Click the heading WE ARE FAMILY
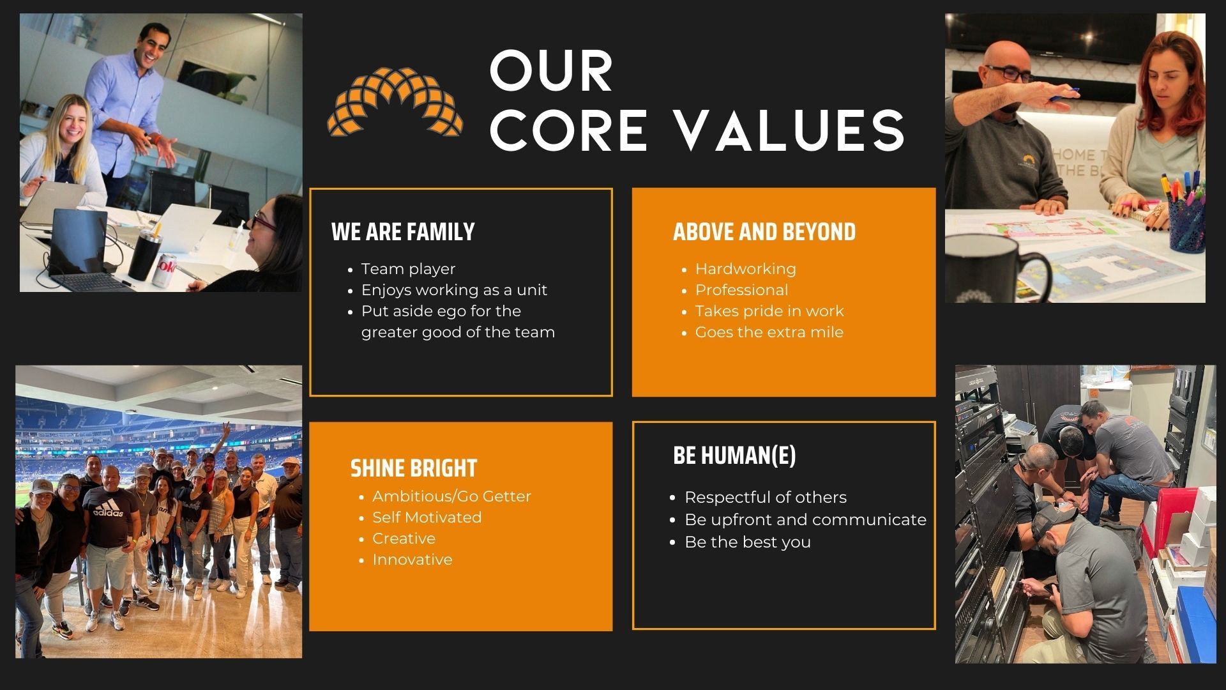[x=403, y=232]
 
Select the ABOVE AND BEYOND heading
[x=764, y=232]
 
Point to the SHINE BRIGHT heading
[x=414, y=468]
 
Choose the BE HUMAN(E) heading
[x=734, y=456]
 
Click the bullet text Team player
[x=408, y=269]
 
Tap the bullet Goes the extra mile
[x=769, y=332]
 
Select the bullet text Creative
[x=404, y=539]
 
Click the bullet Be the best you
[x=748, y=542]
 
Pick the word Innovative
[x=412, y=560]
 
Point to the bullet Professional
[x=742, y=290]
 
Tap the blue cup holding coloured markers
[x=1187, y=223]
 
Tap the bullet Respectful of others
[x=766, y=498]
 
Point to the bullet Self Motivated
[x=427, y=517]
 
